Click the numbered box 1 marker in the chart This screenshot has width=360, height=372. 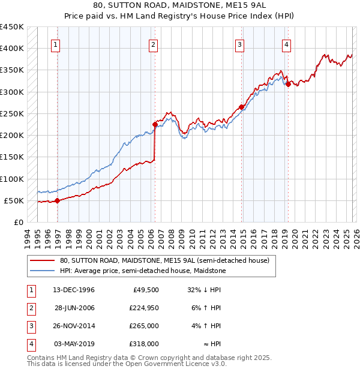pos(55,44)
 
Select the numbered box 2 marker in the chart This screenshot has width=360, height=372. pos(153,44)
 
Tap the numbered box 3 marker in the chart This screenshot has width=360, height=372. pos(239,44)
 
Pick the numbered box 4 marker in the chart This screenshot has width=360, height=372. pos(287,44)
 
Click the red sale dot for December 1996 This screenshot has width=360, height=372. pos(58,201)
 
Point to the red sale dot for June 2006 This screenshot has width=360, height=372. pos(155,125)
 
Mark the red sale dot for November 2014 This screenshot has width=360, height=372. pos(241,107)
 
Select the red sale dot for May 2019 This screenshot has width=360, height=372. pos(288,84)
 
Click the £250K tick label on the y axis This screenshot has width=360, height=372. pos(12,113)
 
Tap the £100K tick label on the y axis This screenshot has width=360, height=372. pos(12,179)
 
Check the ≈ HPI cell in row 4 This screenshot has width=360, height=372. pos(212,344)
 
